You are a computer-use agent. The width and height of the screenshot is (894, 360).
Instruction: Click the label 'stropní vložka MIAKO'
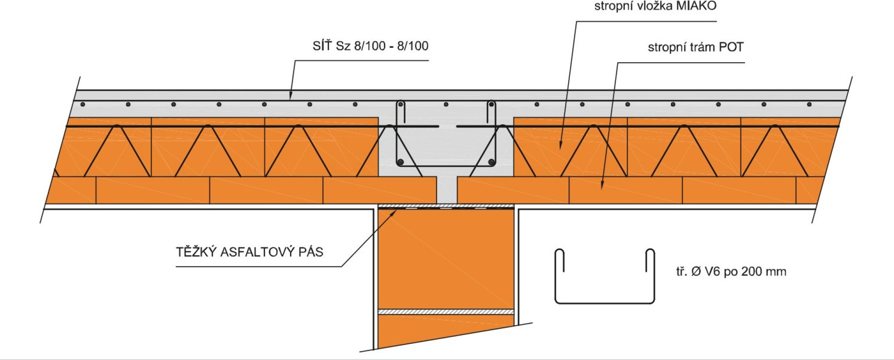[x=655, y=6]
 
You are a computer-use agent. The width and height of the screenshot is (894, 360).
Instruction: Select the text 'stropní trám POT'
[x=696, y=47]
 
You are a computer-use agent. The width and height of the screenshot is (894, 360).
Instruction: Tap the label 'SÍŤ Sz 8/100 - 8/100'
[x=371, y=46]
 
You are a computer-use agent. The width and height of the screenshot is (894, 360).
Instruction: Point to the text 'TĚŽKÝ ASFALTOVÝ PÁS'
[x=249, y=252]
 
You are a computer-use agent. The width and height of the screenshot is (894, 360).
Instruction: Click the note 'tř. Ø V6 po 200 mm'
[x=731, y=271]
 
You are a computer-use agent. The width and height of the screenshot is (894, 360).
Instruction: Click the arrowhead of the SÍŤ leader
[x=291, y=95]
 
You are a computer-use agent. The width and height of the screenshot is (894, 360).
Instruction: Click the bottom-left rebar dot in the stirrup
[x=401, y=162]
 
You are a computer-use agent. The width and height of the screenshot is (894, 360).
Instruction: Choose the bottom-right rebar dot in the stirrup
[x=492, y=162]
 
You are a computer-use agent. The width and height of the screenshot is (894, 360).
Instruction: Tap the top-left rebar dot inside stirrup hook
[x=401, y=105]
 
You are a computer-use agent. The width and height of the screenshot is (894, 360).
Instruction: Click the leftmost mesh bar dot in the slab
[x=83, y=105]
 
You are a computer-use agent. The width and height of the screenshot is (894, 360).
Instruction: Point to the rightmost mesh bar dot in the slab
[x=809, y=105]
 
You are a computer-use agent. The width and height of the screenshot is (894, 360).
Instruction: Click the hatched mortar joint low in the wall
[x=446, y=312]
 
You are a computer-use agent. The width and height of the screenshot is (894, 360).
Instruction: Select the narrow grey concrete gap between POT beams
[x=447, y=190]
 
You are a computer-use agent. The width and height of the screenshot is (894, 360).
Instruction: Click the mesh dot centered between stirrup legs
[x=446, y=105]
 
